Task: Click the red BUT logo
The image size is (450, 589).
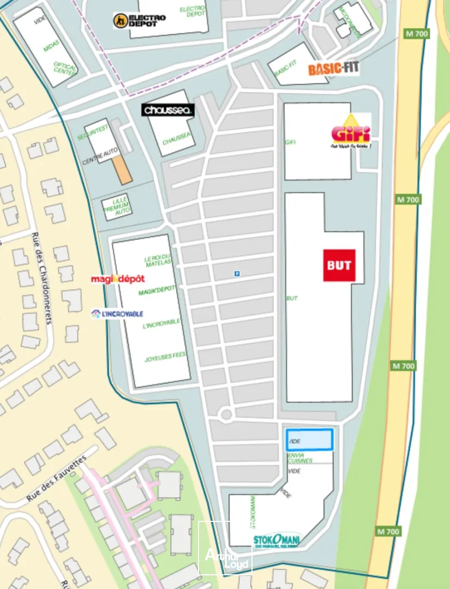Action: [339, 265]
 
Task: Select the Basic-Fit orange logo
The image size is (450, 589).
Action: [333, 69]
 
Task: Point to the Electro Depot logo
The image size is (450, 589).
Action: [139, 21]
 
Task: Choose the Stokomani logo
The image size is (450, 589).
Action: [277, 540]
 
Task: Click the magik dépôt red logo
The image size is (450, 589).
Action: [118, 279]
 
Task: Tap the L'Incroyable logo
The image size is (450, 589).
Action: [117, 314]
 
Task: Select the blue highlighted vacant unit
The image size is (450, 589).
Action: [309, 440]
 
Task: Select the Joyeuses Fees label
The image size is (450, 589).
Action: [165, 358]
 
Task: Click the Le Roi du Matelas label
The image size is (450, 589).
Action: [158, 260]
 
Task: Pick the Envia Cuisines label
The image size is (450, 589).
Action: [300, 458]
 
